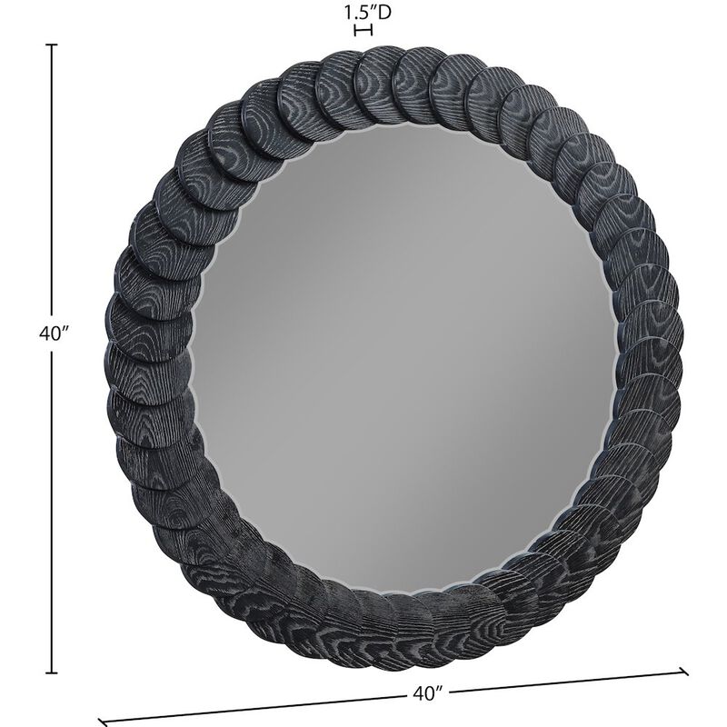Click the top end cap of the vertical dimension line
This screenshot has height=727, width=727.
pyautogui.click(x=52, y=45)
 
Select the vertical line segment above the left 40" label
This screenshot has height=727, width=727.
pyautogui.click(x=52, y=182)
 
